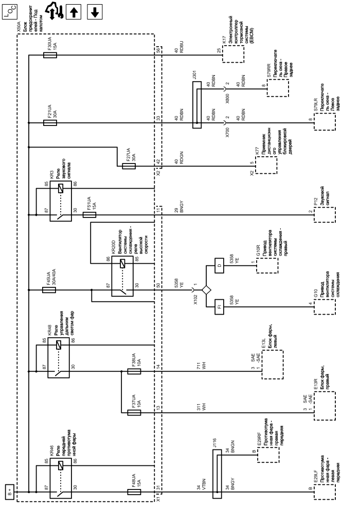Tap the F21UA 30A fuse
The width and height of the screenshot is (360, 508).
(49, 122)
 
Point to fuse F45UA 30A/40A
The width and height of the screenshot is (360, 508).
(49, 290)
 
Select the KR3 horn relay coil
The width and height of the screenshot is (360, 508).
(62, 188)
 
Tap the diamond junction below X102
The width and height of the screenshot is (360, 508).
(207, 290)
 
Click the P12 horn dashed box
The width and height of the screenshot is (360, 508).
(324, 214)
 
